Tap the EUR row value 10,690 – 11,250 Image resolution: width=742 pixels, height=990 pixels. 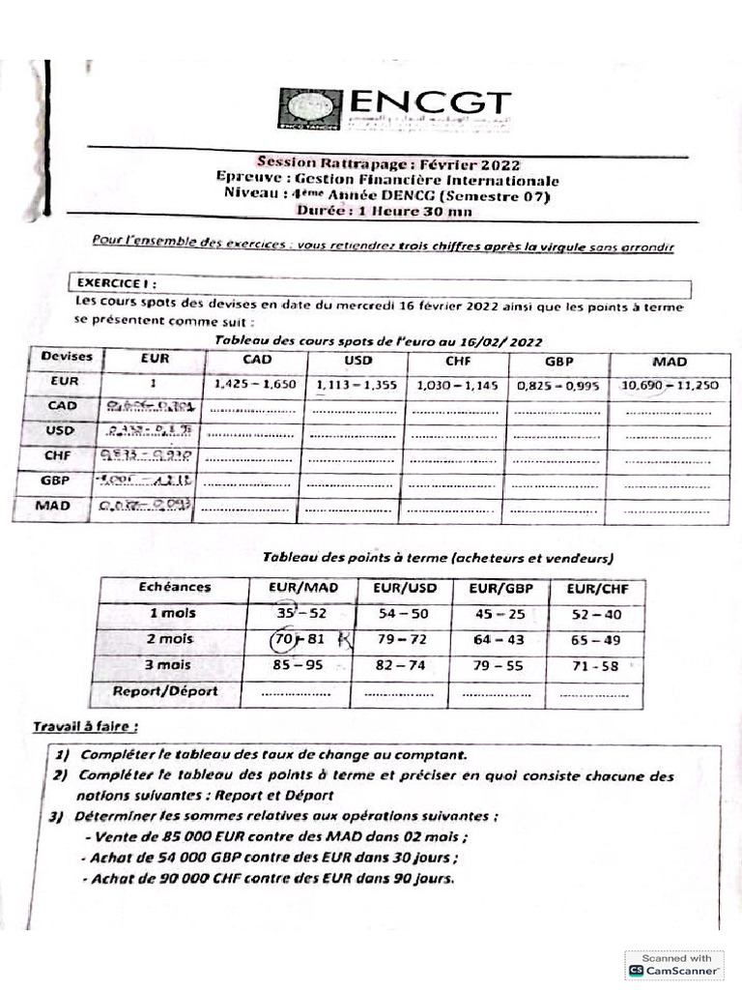(670, 384)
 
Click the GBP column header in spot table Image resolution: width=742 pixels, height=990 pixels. (558, 361)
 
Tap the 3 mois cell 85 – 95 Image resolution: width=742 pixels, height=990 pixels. (299, 665)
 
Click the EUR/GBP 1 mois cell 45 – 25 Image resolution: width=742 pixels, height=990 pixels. (499, 614)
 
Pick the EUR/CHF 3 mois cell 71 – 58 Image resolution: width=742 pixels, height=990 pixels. (595, 665)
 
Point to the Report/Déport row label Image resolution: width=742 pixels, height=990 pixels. (165, 691)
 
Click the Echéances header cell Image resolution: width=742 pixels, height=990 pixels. (174, 587)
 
